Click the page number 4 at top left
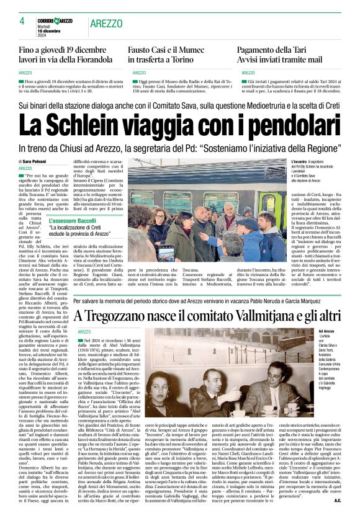[x=22, y=21]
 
